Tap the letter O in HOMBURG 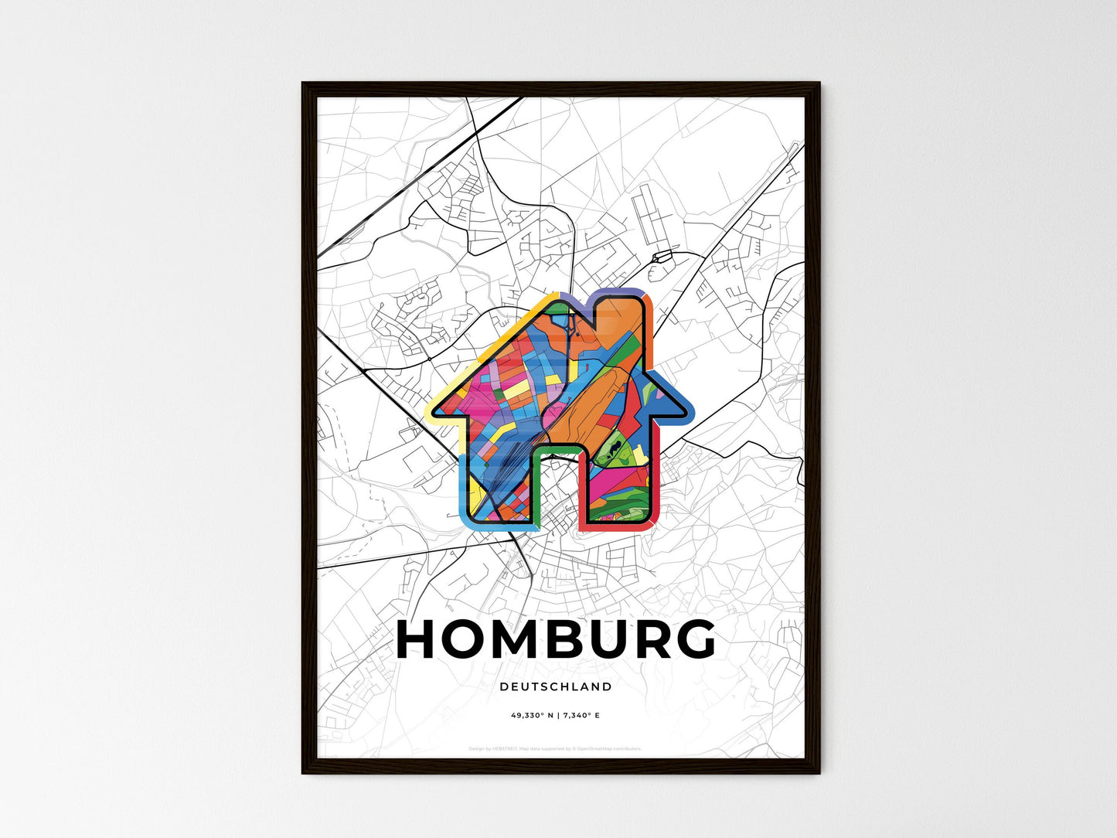pos(469,640)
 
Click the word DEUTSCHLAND pos(556,686)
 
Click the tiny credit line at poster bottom pos(555,748)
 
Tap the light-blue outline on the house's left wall pos(461,479)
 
